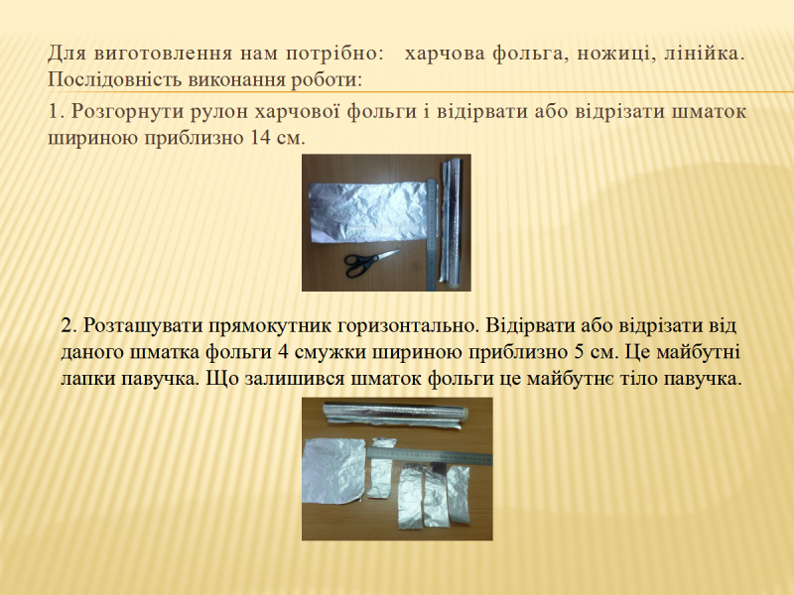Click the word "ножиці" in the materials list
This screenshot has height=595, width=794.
(613, 54)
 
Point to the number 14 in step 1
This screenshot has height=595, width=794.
(261, 138)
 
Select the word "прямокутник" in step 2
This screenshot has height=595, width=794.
(270, 326)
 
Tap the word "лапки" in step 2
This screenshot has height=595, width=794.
(88, 379)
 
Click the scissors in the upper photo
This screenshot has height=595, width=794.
(370, 263)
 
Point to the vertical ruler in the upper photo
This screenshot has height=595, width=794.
(432, 235)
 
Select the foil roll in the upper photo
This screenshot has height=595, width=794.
(451, 221)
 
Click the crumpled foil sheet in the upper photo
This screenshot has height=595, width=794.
(368, 212)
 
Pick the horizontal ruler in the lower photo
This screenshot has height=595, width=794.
(430, 455)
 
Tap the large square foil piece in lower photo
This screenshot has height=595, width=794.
(333, 471)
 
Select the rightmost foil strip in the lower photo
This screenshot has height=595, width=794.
(459, 494)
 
